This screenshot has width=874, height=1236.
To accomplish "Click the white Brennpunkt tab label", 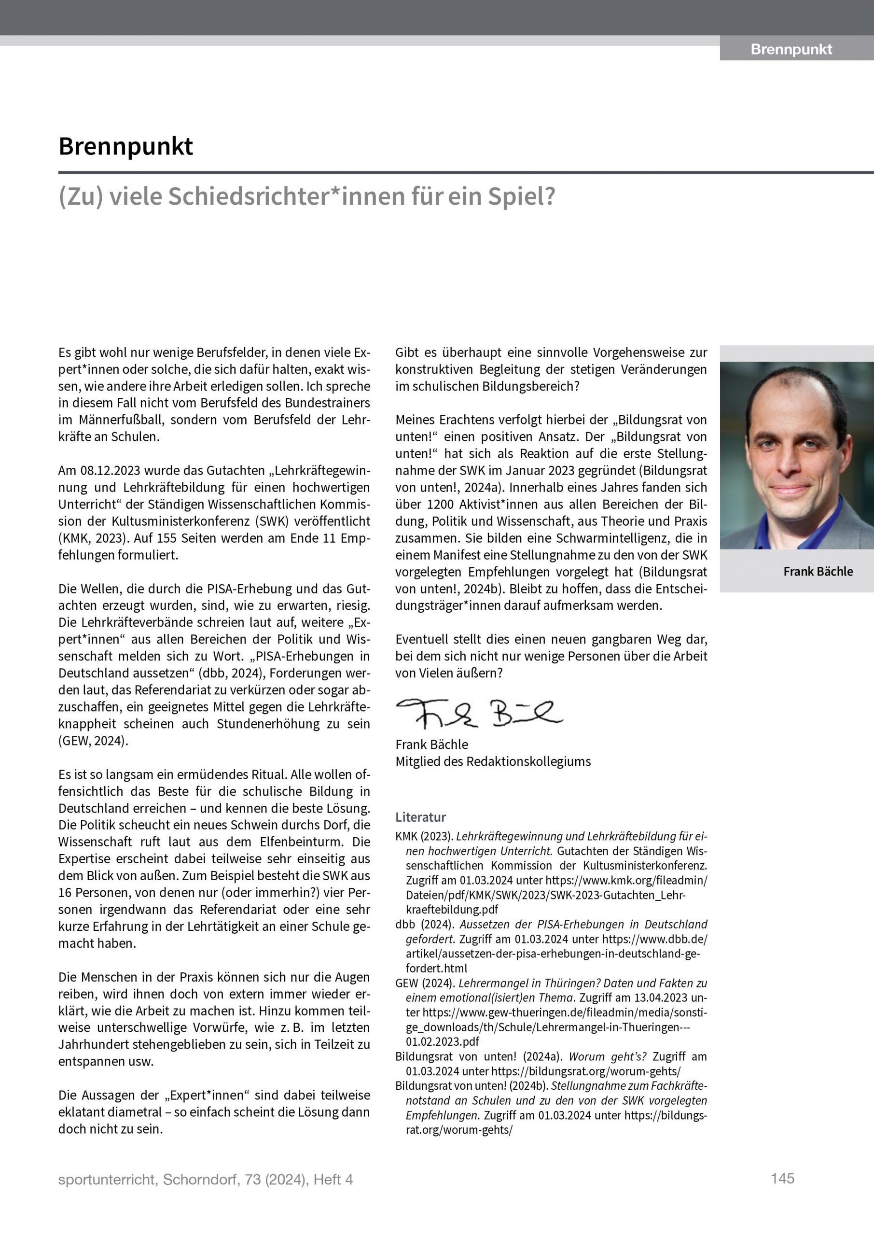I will pyautogui.click(x=791, y=50).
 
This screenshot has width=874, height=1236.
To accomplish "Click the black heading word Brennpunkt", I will pyautogui.click(x=125, y=146).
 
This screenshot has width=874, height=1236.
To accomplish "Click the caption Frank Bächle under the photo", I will pyautogui.click(x=818, y=571).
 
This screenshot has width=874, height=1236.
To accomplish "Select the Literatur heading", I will pyautogui.click(x=420, y=817).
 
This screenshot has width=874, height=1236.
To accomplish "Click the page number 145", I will pyautogui.click(x=782, y=1179).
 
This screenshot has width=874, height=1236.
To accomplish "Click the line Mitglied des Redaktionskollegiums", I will pyautogui.click(x=492, y=761).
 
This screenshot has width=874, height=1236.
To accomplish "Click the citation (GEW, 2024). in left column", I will pyautogui.click(x=93, y=741).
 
